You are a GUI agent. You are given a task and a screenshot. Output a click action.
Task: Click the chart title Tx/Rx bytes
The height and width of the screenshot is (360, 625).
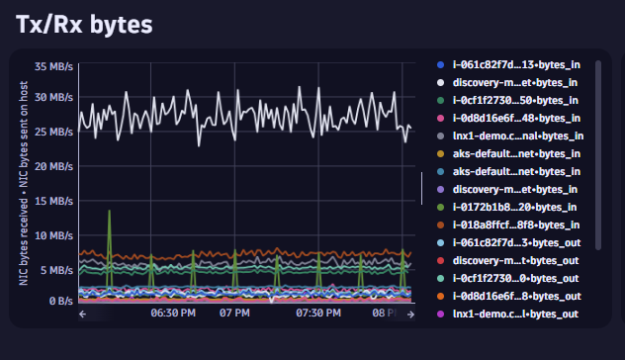pos(84,26)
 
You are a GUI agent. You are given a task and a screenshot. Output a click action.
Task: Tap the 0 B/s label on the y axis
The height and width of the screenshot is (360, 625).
pos(58,300)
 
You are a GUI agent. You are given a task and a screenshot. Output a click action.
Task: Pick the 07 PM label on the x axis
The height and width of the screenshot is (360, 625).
pos(233,315)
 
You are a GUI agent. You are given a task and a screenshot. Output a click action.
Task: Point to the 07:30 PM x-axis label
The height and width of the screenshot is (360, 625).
pos(318,315)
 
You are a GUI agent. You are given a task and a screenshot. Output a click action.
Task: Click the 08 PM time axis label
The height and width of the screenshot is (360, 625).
pos(383,315)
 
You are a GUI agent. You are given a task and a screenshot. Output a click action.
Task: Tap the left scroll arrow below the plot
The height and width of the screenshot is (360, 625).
pos(84,315)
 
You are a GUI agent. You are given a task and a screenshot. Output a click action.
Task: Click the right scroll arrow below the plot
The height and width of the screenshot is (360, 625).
pos(410,315)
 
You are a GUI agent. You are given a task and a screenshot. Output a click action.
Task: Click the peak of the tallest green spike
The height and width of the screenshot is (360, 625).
pos(109,212)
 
